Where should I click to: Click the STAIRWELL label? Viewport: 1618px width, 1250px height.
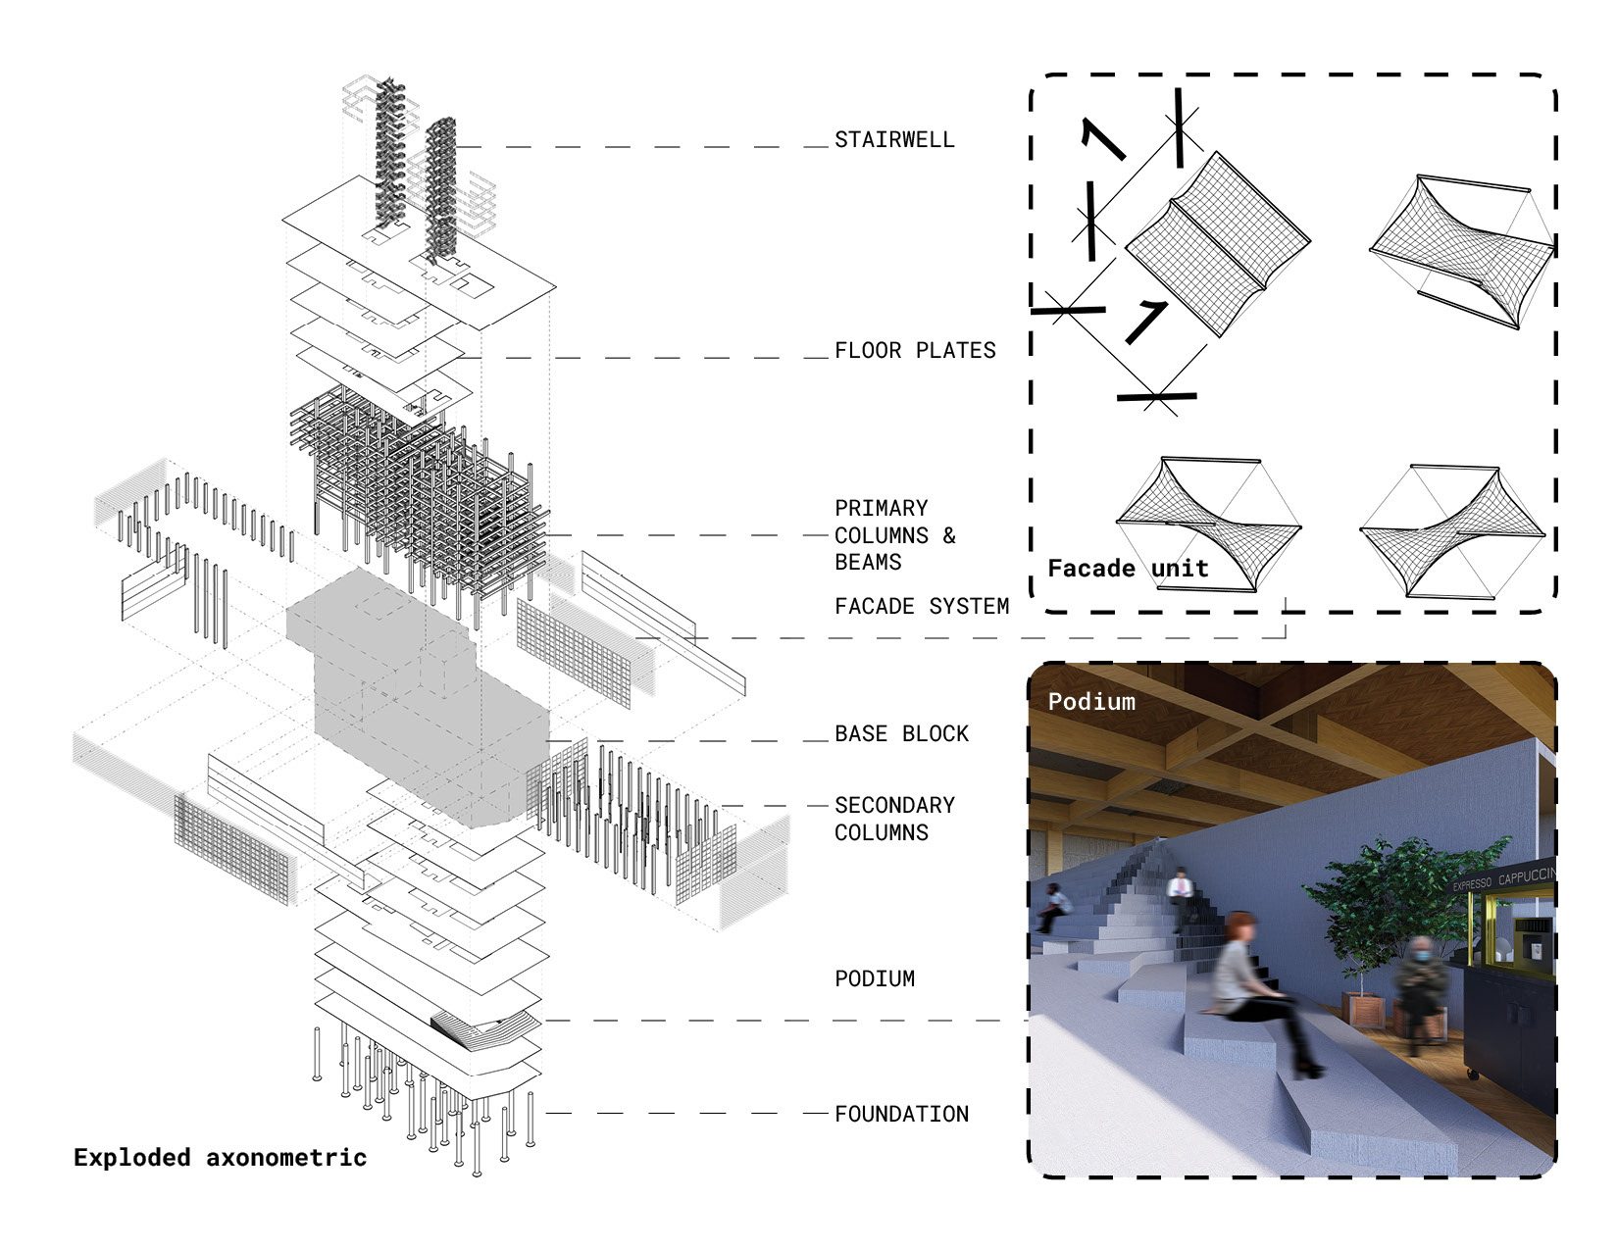click(x=894, y=140)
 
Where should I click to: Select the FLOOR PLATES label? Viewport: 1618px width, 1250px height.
click(x=915, y=351)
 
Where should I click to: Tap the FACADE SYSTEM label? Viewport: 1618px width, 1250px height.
click(x=922, y=607)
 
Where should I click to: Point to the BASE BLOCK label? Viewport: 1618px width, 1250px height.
click(x=901, y=734)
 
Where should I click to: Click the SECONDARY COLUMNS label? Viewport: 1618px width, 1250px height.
click(x=894, y=819)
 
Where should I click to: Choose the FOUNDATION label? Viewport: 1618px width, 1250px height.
click(x=901, y=1115)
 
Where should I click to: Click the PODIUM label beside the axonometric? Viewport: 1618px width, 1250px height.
click(x=875, y=979)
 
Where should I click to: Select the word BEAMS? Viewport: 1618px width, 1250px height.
click(x=868, y=563)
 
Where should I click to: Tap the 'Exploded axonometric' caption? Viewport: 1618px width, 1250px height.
click(x=220, y=1158)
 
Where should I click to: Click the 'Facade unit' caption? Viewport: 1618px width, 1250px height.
click(x=1128, y=569)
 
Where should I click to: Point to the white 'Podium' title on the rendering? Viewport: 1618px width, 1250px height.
click(x=1091, y=702)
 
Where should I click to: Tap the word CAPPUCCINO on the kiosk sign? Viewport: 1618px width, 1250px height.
click(x=1526, y=875)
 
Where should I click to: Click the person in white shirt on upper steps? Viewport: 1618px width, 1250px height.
click(x=1179, y=887)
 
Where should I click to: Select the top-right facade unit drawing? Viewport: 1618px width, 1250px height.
click(x=1461, y=250)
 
